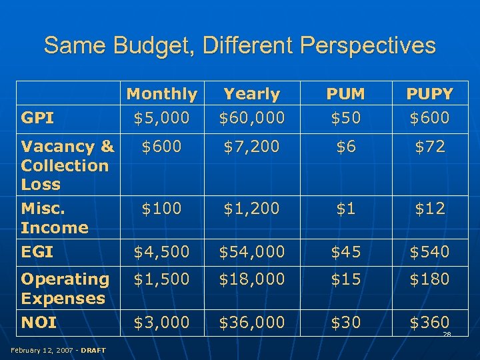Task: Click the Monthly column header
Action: coord(162,94)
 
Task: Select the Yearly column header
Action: coord(251,94)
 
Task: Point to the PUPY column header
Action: coord(429,94)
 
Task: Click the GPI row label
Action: coord(37,118)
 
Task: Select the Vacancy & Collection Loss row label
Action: coord(67,165)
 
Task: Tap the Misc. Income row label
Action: coord(55,218)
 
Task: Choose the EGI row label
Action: coord(37,253)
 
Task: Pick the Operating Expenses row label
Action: coord(65,288)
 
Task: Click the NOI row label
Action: coord(39,323)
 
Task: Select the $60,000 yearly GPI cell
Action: coord(252,118)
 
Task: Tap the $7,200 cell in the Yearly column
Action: coord(252,147)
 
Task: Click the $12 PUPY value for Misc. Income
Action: coord(429,209)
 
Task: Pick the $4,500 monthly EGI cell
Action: coord(162,252)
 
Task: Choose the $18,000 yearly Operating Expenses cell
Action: coord(252,279)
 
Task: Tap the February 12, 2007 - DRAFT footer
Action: coord(59,350)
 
